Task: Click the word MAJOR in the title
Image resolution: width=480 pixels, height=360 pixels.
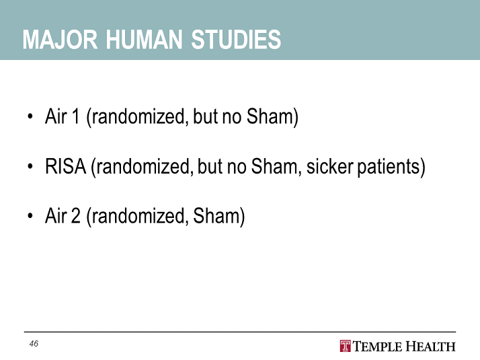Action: [60, 40]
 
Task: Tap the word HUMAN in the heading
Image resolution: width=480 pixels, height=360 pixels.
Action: [144, 40]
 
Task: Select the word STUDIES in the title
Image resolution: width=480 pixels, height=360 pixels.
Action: [236, 40]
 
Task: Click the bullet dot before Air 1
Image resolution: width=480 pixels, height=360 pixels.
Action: [30, 116]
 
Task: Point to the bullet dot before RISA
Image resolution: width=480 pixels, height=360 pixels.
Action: [30, 166]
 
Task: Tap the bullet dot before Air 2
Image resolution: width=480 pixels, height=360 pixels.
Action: [30, 216]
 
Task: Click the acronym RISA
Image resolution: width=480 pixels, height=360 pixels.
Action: [65, 166]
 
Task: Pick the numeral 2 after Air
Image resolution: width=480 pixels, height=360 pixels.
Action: [75, 215]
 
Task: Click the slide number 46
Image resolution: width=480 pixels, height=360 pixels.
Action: [34, 344]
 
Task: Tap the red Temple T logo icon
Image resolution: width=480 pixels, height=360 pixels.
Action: [346, 346]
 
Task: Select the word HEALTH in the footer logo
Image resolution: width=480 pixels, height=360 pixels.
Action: [431, 347]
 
